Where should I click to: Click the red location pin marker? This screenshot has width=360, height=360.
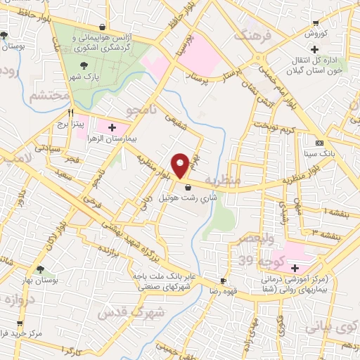(x=181, y=165)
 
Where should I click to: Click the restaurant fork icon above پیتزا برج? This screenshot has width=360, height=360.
(x=71, y=112)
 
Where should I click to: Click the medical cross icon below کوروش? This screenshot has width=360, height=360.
(x=314, y=49)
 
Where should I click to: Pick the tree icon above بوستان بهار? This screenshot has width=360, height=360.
(x=42, y=268)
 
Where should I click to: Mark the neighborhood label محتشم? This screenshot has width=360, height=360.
(x=49, y=94)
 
